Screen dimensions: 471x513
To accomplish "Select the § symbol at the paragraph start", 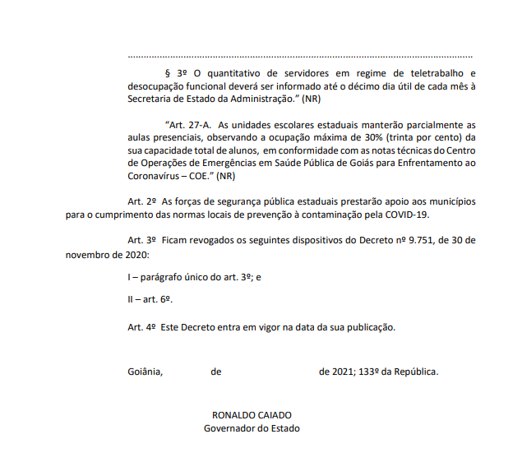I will [x=169, y=72].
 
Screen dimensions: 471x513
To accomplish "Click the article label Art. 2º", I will [x=141, y=201].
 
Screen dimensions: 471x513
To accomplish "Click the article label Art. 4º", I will [x=141, y=326].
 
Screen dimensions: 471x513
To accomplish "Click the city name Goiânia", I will [x=146, y=371].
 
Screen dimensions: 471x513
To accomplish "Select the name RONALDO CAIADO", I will [x=252, y=415].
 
